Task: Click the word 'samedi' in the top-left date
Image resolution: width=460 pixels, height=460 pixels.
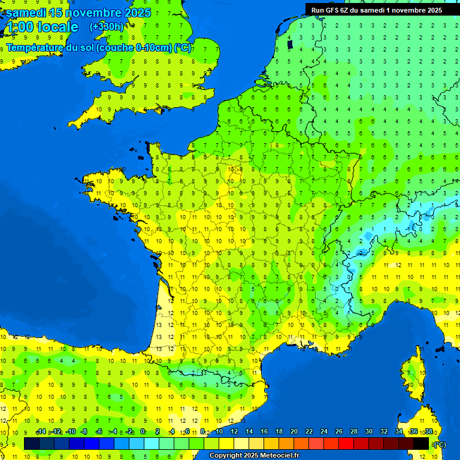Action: pos(26,13)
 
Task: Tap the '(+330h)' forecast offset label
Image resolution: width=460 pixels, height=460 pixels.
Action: pos(107,27)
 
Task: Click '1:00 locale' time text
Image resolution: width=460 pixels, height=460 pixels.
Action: pos(42,28)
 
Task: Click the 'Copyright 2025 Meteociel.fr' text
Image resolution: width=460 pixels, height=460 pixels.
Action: pos(254,456)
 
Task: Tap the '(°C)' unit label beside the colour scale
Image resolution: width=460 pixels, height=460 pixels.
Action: pos(438,444)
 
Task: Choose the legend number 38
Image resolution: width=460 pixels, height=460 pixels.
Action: pos(428,431)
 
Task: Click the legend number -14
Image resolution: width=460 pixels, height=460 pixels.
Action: pos(41,431)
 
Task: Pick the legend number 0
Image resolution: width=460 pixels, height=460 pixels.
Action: pos(143,431)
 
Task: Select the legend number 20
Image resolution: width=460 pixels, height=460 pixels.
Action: pos(293,431)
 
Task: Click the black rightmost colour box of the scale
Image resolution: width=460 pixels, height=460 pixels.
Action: pos(422,443)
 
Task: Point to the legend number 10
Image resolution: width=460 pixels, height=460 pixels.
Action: pos(219,431)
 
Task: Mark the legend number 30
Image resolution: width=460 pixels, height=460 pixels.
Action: pos(368,431)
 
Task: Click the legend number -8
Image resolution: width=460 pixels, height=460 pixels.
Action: pos(84,431)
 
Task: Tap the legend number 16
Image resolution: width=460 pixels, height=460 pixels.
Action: pos(264,431)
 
